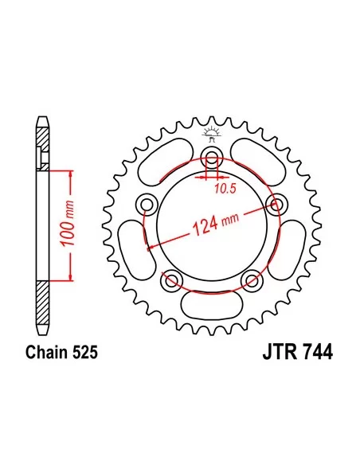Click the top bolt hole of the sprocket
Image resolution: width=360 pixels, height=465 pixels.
pos(211,157)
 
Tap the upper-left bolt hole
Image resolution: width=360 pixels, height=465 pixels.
pos(147,205)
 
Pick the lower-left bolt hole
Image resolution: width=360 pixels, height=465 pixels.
pos(171,279)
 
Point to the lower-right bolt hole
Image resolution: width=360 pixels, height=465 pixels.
pos(252,279)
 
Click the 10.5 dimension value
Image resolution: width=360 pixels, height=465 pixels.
pos(225,189)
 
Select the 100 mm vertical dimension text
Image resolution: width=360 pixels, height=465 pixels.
pos(68,224)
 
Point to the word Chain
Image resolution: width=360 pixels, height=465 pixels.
pos(45,352)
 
